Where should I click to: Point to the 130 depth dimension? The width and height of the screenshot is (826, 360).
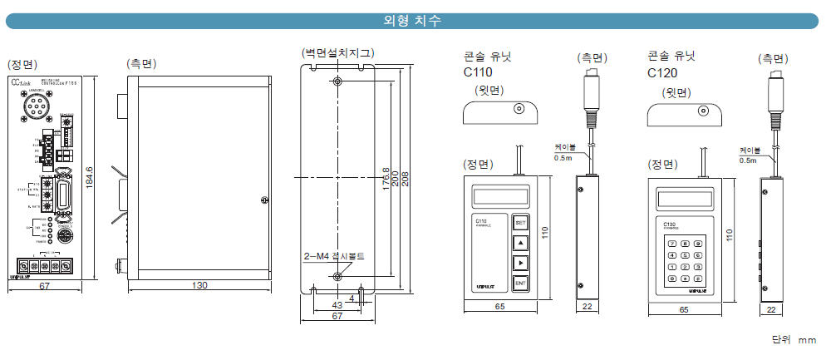pyautogui.click(x=199, y=286)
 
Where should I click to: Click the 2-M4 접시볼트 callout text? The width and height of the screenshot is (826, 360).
pyautogui.click(x=333, y=255)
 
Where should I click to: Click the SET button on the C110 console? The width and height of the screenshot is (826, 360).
pyautogui.click(x=520, y=223)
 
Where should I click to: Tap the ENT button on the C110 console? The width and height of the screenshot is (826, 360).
pyautogui.click(x=520, y=284)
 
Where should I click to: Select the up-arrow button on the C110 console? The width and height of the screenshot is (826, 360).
pyautogui.click(x=520, y=244)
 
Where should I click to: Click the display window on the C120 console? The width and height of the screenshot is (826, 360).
pyautogui.click(x=686, y=200)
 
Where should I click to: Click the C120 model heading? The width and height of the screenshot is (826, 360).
pyautogui.click(x=662, y=73)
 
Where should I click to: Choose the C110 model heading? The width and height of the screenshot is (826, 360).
pyautogui.click(x=479, y=73)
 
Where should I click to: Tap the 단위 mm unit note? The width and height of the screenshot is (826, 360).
pyautogui.click(x=794, y=339)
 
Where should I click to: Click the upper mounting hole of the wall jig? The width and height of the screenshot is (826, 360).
pyautogui.click(x=337, y=81)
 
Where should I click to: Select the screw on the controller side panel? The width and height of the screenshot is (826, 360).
pyautogui.click(x=264, y=199)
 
